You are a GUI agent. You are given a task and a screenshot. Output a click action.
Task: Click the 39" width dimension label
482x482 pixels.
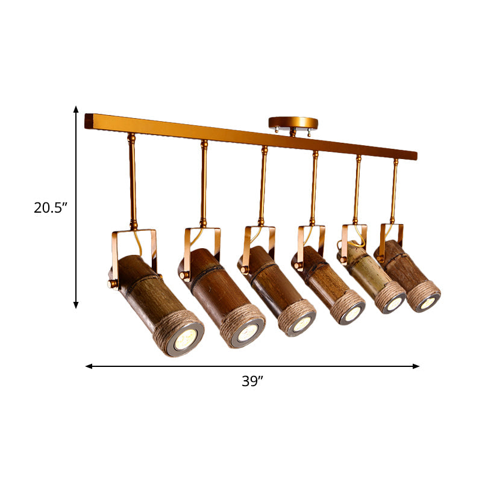click(252, 381)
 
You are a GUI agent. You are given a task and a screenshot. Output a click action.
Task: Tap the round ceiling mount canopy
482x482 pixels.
click(292, 123)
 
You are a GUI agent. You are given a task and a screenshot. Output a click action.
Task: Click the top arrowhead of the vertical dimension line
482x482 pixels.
click(77, 109)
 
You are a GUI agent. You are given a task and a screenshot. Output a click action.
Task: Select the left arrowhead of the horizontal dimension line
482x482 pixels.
click(89, 366)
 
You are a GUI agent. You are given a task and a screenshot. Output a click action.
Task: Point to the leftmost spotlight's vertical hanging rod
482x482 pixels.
click(133, 181)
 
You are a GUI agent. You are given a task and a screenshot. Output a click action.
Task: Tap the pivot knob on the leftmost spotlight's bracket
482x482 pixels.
click(111, 283)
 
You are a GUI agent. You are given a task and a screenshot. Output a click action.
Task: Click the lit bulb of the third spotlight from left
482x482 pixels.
click(301, 323)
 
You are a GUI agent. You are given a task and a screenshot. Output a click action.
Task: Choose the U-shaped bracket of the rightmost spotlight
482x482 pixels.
click(392, 235)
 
